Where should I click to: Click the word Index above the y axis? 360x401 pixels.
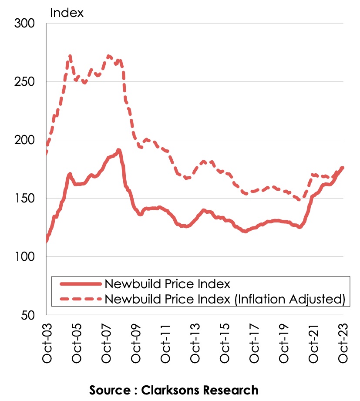tap(67, 13)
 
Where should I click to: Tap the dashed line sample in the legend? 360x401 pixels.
tap(81, 299)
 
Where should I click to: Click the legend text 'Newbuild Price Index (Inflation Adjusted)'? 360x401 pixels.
tap(225, 299)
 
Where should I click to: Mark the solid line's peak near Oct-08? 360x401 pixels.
tap(118, 150)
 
